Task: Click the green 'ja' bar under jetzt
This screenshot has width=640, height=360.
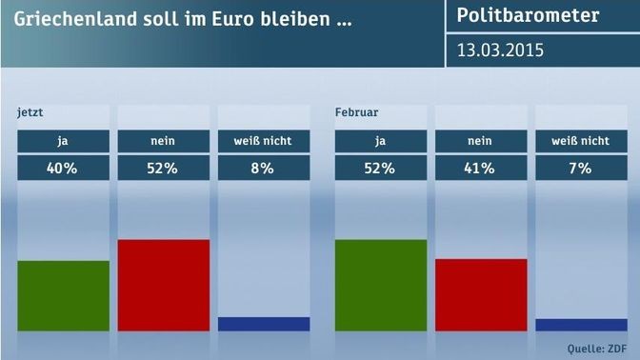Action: point(63,295)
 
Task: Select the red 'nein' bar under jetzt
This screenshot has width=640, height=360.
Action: point(164,285)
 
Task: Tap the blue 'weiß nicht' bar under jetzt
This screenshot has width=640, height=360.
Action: point(264,324)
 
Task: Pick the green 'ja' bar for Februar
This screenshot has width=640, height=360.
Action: point(381,285)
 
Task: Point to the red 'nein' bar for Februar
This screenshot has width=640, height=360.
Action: point(481,294)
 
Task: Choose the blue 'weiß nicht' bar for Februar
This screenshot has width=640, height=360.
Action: point(581,325)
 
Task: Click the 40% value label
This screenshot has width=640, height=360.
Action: point(62,169)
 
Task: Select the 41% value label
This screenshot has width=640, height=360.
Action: point(480,169)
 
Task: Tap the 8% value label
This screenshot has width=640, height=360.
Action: point(263,169)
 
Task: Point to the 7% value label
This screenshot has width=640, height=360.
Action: point(580,169)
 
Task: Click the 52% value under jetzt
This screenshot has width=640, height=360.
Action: point(163,169)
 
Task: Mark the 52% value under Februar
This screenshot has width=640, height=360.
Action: point(380,169)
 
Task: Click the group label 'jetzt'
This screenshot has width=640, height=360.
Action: point(30,112)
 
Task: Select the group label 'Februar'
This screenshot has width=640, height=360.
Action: point(357,112)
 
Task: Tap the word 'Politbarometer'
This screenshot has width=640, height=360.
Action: point(528,15)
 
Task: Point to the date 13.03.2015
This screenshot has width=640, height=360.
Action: point(500,50)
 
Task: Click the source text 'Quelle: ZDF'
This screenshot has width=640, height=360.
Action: point(597,349)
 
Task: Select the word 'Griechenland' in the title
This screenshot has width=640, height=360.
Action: point(75,19)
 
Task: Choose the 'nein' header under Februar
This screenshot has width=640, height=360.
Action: point(480,141)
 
